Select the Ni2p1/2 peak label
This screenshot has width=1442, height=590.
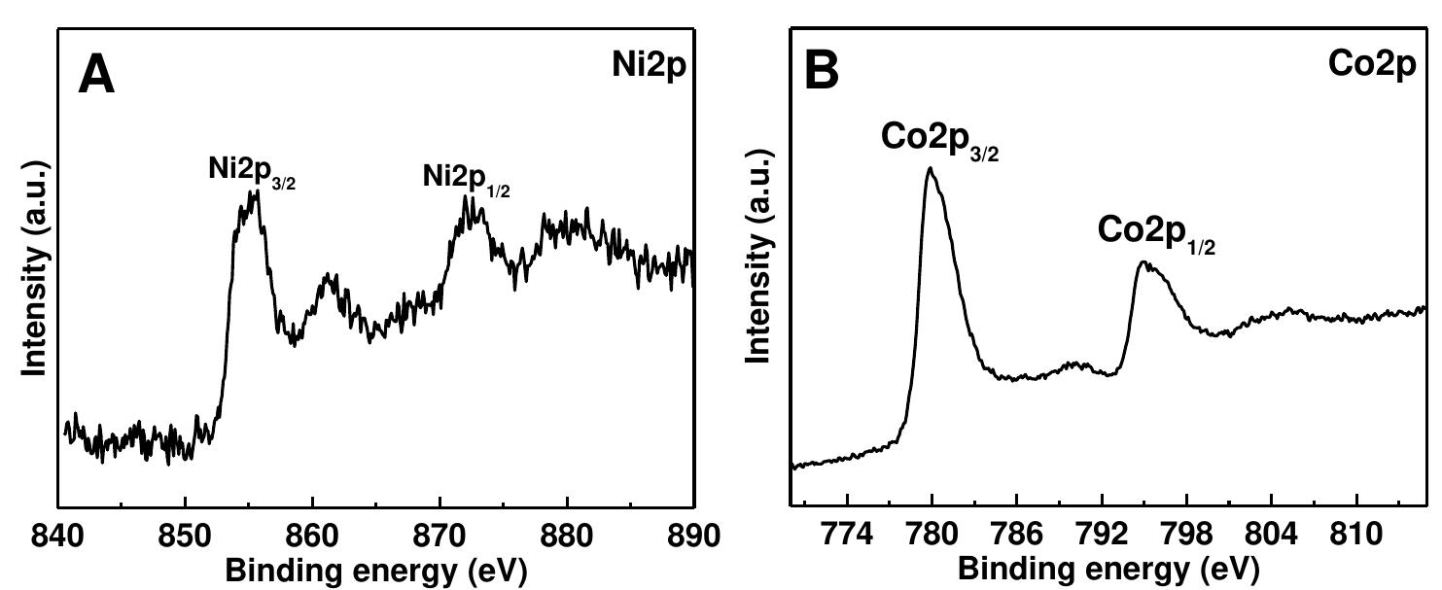pos(466,179)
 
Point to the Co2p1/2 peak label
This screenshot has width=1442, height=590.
pos(1157,233)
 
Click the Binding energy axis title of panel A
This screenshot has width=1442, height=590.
pos(376,572)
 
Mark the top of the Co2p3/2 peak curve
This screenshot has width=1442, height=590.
pos(931,168)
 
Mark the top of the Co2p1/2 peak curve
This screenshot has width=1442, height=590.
pos(1143,261)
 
